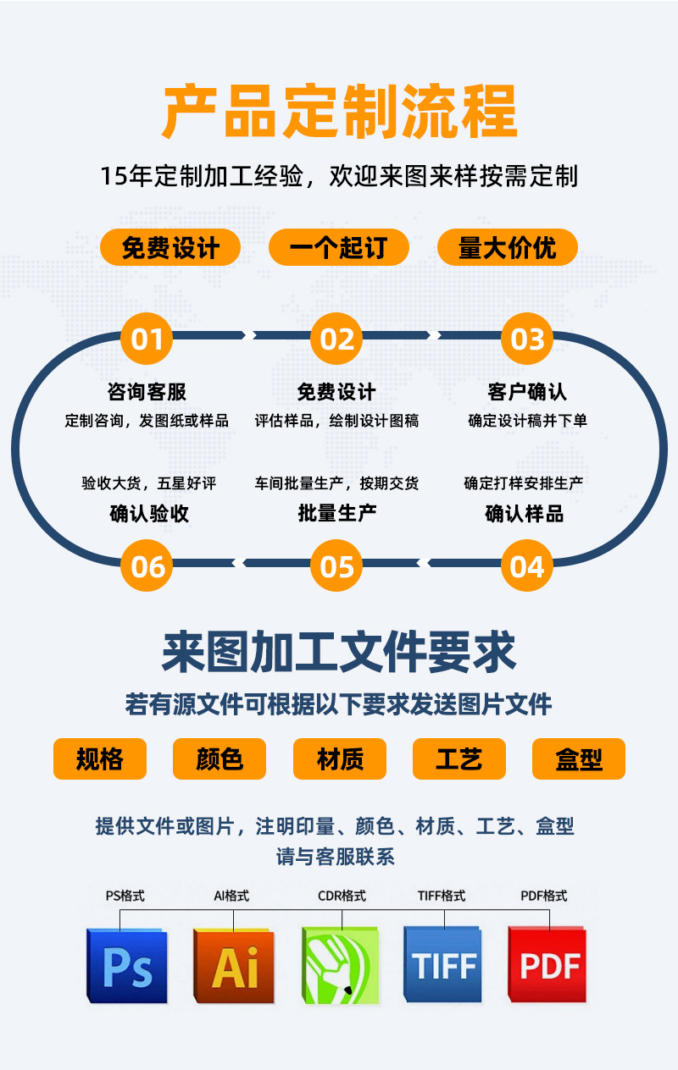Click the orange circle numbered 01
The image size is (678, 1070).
[147, 339]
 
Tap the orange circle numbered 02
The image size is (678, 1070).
[336, 339]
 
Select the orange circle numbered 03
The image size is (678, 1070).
[527, 339]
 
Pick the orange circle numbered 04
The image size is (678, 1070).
[527, 566]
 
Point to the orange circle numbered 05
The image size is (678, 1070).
[336, 566]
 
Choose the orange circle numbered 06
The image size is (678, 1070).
[147, 566]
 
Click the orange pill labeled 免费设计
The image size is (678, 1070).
[170, 248]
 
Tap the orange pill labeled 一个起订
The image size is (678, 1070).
[338, 248]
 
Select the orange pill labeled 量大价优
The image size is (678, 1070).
[507, 248]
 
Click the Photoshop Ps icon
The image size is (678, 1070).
[127, 966]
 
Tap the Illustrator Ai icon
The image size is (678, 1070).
[234, 966]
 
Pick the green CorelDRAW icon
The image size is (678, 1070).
[341, 966]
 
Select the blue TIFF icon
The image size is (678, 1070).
[444, 966]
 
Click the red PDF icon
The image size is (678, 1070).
[548, 966]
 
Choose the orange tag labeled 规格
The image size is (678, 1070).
[100, 759]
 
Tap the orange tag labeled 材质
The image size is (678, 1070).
[340, 759]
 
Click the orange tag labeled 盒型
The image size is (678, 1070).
[579, 759]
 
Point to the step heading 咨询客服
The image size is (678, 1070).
[147, 392]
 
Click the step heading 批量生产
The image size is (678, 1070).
[337, 513]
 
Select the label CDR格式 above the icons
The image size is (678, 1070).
[342, 896]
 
